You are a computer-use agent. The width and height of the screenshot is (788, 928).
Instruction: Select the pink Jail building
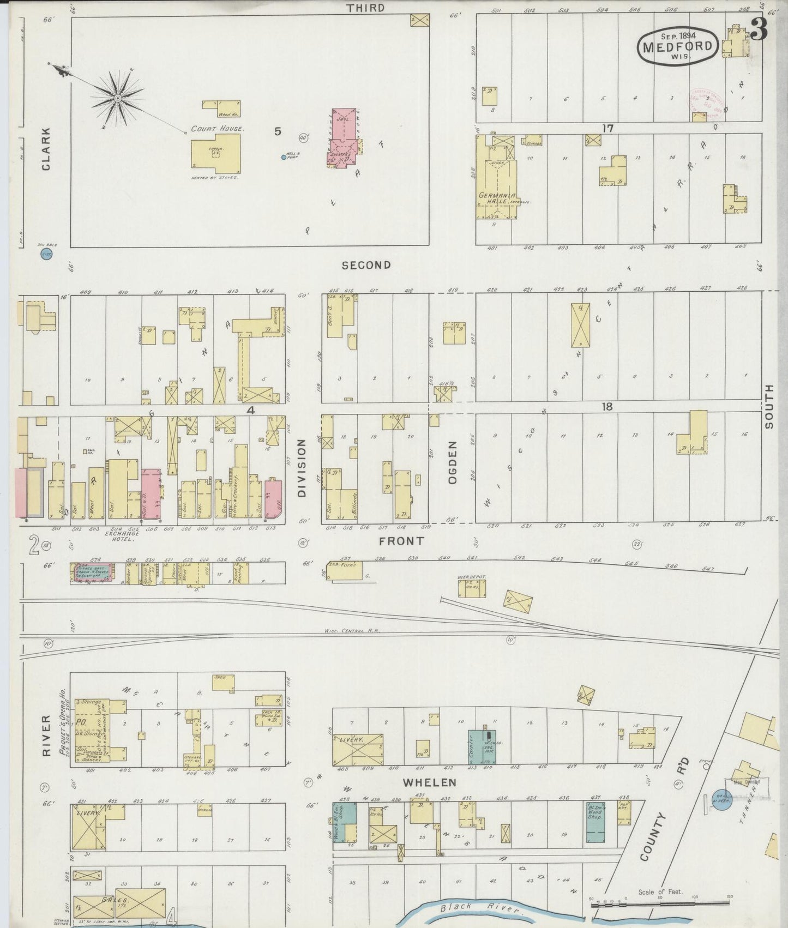click(343, 139)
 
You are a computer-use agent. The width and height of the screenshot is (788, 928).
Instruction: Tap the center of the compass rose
click(117, 98)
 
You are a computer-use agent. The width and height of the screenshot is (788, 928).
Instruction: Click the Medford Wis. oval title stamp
click(678, 46)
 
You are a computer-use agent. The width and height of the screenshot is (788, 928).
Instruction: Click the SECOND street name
click(366, 265)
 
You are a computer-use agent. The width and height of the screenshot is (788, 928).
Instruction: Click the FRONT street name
click(401, 541)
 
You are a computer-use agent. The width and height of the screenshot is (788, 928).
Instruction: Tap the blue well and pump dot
click(284, 157)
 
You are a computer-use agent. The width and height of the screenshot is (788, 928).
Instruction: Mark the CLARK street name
click(46, 149)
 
